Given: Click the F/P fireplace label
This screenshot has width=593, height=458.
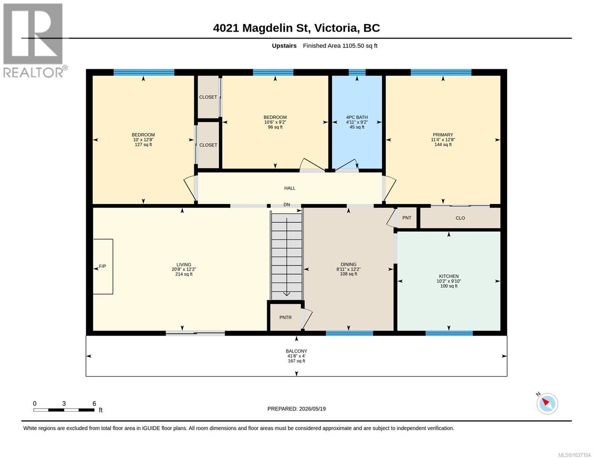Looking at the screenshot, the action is [x=102, y=266].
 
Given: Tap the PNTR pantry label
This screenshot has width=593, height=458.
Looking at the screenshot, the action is [x=286, y=318].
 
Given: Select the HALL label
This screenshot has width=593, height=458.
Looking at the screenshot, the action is [x=290, y=188].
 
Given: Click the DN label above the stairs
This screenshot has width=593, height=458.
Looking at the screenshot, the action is [x=286, y=205].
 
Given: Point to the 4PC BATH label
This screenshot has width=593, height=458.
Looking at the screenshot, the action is [x=357, y=117].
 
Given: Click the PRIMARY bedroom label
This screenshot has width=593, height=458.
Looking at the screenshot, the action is [x=443, y=135].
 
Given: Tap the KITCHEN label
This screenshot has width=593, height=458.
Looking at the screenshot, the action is [x=449, y=276].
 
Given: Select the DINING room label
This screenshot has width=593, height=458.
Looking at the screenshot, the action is [x=349, y=264].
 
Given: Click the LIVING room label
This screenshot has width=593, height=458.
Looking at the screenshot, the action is [x=184, y=264].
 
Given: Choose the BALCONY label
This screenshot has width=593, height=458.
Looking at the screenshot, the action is [x=297, y=352].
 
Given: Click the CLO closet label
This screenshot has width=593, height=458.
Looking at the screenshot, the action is [x=461, y=218].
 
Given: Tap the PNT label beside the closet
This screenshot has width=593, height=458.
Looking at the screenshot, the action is [x=407, y=218].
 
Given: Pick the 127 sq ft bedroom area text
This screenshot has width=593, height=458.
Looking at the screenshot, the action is [x=143, y=145].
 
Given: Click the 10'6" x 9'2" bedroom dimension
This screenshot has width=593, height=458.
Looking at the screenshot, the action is [x=275, y=122].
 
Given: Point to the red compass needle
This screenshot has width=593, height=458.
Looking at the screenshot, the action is [x=546, y=402].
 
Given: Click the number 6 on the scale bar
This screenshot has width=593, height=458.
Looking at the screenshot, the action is [x=94, y=403].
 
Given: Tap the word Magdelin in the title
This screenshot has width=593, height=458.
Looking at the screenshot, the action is [x=267, y=28].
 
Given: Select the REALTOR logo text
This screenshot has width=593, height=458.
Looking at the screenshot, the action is [x=33, y=73].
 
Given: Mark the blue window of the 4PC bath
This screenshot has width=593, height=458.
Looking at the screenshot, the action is [x=357, y=72].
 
